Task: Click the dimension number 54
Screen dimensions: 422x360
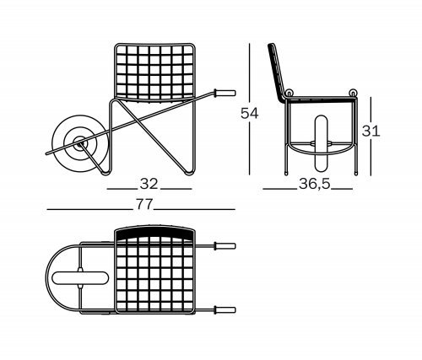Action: (249, 113)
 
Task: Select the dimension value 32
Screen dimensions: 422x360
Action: (149, 184)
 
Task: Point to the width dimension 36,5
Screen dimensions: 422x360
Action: (314, 184)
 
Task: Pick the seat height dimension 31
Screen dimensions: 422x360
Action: (371, 131)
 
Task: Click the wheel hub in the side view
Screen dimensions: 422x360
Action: (79, 144)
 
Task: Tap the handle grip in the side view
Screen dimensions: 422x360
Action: (225, 93)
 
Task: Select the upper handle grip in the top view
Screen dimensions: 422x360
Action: (225, 246)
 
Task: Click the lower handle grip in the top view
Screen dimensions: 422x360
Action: (225, 310)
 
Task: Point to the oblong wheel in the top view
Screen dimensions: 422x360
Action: (80, 278)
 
